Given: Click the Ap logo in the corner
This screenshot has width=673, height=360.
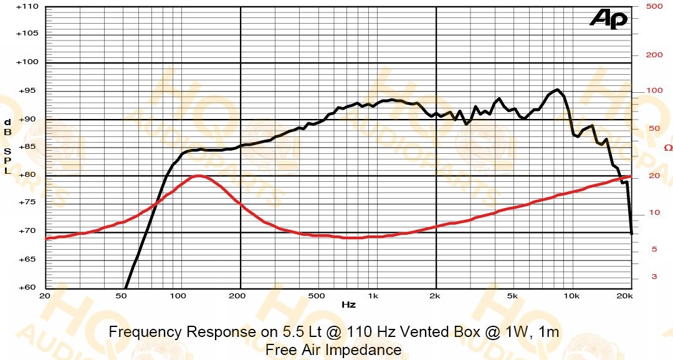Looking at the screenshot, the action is point(609,19).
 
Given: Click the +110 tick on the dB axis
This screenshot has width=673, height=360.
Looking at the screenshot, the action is point(27,7).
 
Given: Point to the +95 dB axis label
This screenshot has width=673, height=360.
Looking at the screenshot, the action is point(29,91).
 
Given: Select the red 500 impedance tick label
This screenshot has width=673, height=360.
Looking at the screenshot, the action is point(654,6).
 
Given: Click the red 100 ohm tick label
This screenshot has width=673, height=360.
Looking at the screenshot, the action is point(654,90).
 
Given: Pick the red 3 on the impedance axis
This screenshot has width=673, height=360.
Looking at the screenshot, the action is point(654,277).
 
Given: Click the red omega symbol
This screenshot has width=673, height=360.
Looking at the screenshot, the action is point(668,148).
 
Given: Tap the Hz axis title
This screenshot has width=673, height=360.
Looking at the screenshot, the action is point(348,305).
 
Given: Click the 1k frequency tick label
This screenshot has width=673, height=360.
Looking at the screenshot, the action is point(373,296).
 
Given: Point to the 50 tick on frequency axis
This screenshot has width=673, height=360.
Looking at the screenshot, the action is point(122,296).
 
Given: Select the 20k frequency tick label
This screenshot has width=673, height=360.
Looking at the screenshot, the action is point(624,296).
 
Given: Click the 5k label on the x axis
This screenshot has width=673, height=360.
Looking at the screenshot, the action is point(512,296).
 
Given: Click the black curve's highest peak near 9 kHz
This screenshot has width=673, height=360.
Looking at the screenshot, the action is point(557,90).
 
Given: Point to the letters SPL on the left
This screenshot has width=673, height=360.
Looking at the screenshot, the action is point(7,161).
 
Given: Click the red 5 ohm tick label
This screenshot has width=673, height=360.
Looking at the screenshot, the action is point(654,249).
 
